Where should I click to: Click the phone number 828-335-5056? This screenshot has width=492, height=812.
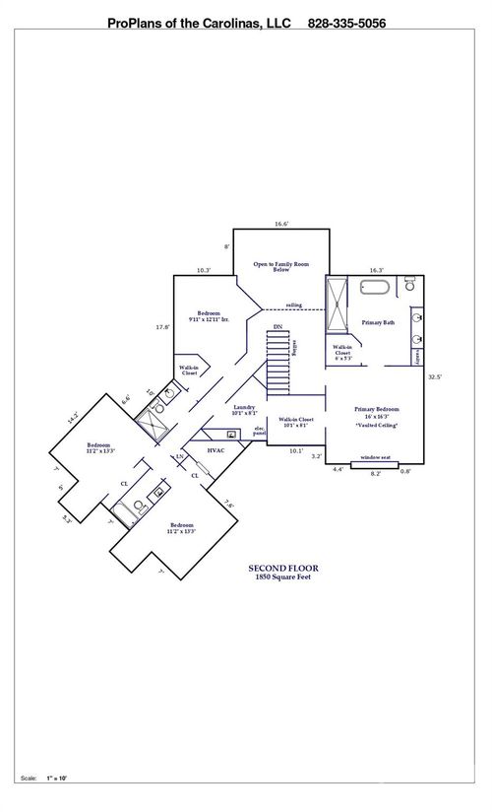coord(345,22)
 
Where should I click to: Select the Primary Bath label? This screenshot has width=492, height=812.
coord(378,322)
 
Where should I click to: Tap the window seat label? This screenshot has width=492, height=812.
coord(374,457)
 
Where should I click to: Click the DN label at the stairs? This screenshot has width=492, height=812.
coord(278,326)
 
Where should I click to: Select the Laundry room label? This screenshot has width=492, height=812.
coord(245,410)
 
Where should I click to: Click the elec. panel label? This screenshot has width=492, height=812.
coord(260,431)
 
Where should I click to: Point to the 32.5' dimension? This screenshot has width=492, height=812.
coord(435,376)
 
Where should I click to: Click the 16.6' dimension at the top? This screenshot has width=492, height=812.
coord(281,225)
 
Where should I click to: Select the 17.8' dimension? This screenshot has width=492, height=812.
coord(163,327)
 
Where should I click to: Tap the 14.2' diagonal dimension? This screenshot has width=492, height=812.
coord(72,418)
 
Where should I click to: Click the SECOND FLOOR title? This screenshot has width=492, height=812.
coord(282,569)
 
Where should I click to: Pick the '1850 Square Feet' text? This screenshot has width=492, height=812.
coord(282,577)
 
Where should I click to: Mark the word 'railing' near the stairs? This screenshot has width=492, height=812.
coord(294,305)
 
